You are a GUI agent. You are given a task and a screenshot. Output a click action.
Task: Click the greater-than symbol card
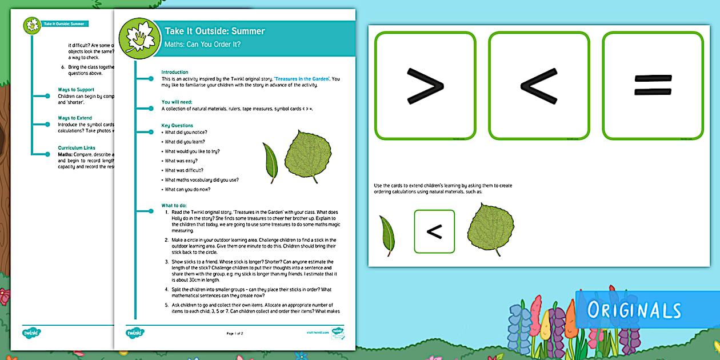(x=425, y=86)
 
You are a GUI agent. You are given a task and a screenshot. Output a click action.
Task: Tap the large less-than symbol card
(x=538, y=86)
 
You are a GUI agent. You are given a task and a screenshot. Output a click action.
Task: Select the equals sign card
(x=653, y=86)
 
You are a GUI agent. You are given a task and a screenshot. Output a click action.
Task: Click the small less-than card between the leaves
(x=434, y=231)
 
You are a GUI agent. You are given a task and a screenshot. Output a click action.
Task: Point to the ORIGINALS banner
(x=634, y=310)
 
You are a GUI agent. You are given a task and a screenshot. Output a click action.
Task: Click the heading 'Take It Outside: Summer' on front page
(x=215, y=31)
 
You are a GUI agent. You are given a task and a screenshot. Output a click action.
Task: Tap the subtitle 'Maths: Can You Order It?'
(x=202, y=44)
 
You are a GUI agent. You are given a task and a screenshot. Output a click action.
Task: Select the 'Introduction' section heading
(x=175, y=72)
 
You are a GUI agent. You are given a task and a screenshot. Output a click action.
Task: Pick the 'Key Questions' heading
(x=177, y=125)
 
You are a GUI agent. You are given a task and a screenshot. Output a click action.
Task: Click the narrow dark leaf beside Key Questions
(x=270, y=162)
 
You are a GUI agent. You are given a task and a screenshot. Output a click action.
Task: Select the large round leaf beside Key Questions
(x=307, y=157)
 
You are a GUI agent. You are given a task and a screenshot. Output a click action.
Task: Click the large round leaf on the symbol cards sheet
(x=490, y=229)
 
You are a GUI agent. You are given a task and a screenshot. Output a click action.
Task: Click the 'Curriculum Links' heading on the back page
(x=77, y=147)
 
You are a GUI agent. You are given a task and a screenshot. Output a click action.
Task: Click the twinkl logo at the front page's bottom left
(x=135, y=332)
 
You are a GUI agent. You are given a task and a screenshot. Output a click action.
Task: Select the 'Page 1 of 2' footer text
(x=235, y=333)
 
